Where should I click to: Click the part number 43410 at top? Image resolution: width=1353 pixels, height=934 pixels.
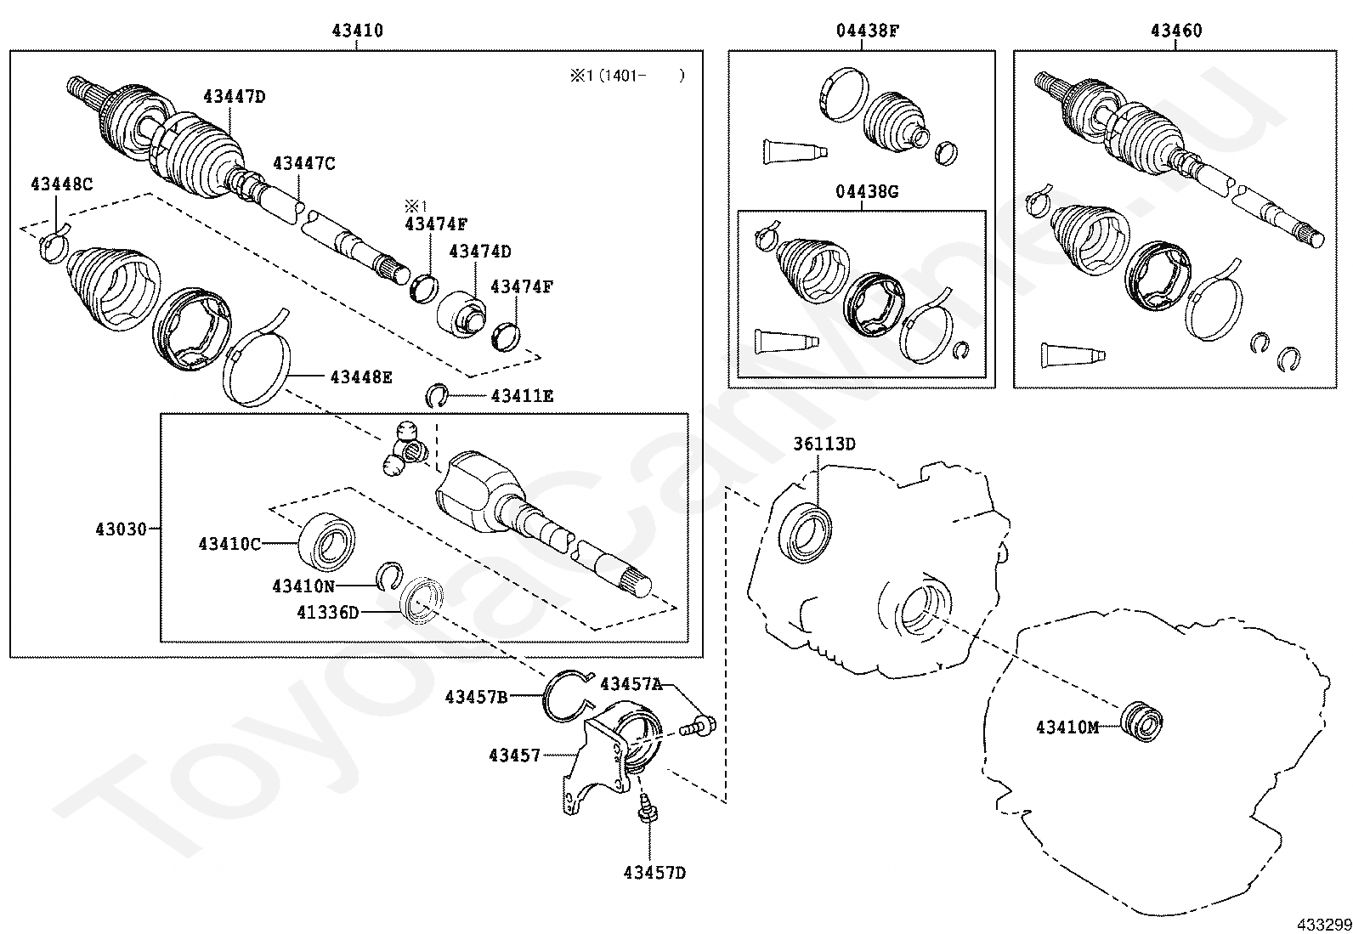(357, 31)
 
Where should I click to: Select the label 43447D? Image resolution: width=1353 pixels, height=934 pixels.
(234, 96)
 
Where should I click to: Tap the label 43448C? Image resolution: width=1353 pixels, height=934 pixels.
(62, 184)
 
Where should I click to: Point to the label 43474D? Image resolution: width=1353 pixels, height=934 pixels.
(480, 251)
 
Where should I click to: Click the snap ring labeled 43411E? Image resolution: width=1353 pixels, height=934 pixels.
(438, 395)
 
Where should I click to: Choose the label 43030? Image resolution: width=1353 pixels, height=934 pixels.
(122, 529)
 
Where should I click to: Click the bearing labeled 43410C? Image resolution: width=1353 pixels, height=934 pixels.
(326, 539)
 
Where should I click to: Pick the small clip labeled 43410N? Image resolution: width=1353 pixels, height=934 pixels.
(390, 576)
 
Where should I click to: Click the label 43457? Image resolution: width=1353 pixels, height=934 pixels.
(514, 754)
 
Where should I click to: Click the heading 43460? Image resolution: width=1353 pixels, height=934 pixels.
(1176, 31)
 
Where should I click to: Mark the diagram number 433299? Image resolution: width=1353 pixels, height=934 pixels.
(1323, 924)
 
